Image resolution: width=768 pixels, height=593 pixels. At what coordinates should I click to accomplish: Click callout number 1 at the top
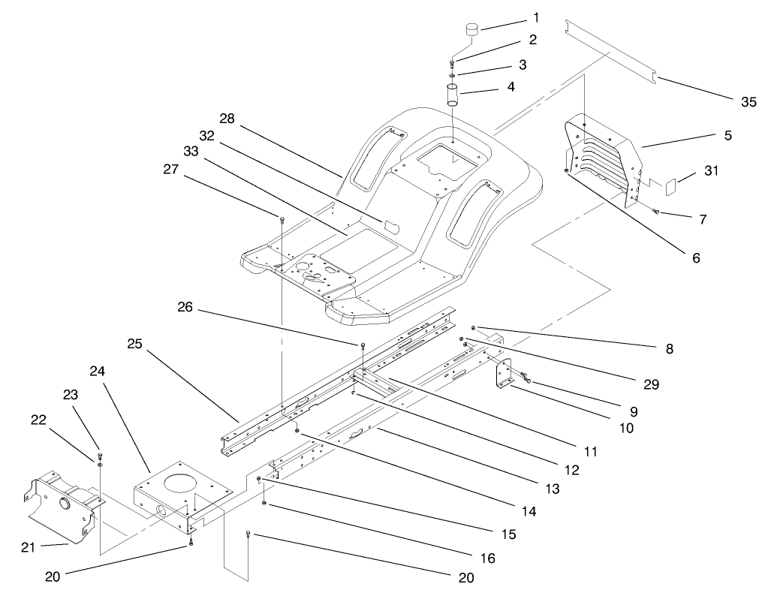(515, 17)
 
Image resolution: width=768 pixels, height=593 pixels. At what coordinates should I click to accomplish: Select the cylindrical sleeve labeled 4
(453, 98)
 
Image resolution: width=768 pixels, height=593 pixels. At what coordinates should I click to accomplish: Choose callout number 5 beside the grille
(727, 136)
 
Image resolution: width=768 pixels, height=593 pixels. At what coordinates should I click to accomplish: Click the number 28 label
(228, 119)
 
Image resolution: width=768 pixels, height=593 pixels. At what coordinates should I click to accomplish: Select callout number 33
(190, 151)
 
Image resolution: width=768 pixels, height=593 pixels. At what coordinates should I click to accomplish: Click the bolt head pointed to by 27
(282, 218)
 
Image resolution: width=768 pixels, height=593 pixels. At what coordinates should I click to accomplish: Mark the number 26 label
(186, 306)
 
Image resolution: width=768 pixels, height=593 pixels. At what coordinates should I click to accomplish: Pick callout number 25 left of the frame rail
(134, 344)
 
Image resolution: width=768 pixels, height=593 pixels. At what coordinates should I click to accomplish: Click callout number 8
(669, 348)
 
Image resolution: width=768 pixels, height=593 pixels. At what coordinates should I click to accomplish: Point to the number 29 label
(650, 384)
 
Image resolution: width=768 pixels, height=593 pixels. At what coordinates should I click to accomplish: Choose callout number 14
(529, 512)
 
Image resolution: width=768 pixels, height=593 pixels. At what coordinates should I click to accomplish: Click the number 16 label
(487, 558)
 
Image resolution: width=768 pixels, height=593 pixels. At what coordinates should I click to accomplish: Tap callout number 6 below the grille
(695, 257)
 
